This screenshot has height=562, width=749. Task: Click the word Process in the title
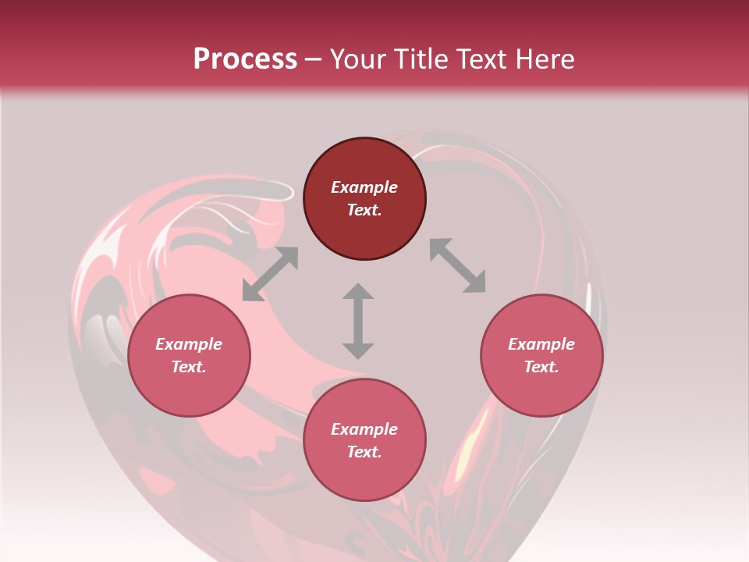(245, 59)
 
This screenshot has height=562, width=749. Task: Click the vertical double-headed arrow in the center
(358, 321)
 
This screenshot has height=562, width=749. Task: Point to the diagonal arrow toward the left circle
(270, 274)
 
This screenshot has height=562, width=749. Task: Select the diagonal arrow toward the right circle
(457, 265)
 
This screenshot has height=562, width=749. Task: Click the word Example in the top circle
(364, 187)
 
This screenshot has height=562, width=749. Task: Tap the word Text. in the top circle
(364, 210)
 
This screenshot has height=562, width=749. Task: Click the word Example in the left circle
(189, 344)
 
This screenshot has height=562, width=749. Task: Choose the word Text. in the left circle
(189, 367)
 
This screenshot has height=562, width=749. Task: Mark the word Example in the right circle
(541, 344)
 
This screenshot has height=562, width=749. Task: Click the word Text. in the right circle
(541, 367)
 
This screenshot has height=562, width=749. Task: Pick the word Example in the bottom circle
(364, 429)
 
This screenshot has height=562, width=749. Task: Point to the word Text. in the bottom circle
(364, 452)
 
